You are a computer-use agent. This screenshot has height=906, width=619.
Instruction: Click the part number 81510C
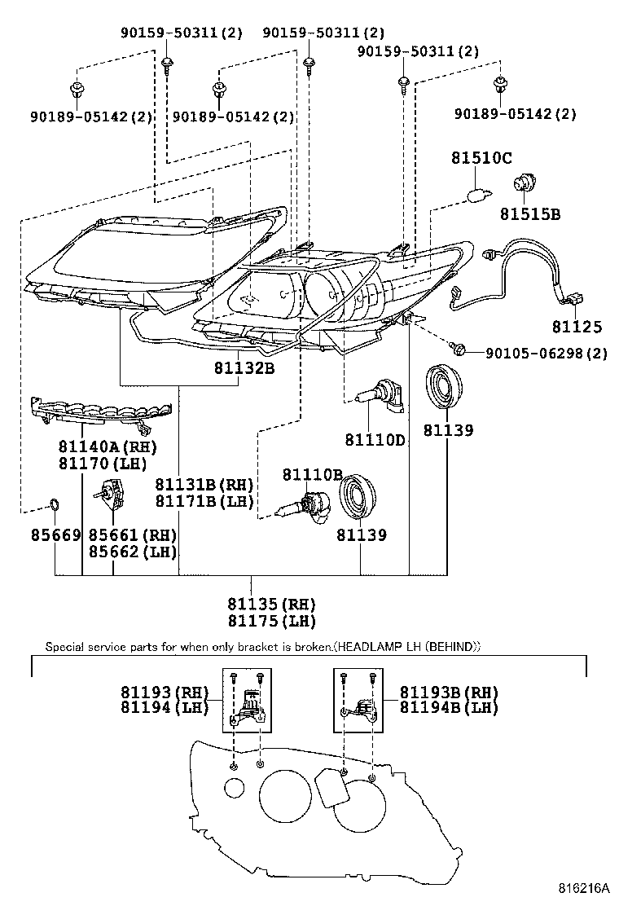point(482,158)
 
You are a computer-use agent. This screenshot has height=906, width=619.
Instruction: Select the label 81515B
point(530,214)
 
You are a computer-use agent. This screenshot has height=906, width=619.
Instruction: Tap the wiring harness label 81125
point(577,328)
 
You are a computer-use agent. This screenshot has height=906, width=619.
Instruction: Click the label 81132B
point(244,368)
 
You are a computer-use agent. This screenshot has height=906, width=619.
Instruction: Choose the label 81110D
point(375,439)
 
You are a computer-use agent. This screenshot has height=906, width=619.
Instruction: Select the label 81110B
point(313,474)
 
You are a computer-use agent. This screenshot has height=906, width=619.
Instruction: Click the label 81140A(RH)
point(107,447)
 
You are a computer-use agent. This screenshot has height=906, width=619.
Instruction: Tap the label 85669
point(55,535)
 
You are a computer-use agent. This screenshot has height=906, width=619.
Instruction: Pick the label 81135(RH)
point(271,605)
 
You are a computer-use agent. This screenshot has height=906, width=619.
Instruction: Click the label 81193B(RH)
point(449,692)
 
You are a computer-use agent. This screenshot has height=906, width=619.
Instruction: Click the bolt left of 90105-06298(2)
point(458,350)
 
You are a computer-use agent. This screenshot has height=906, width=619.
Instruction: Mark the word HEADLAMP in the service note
point(362,647)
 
